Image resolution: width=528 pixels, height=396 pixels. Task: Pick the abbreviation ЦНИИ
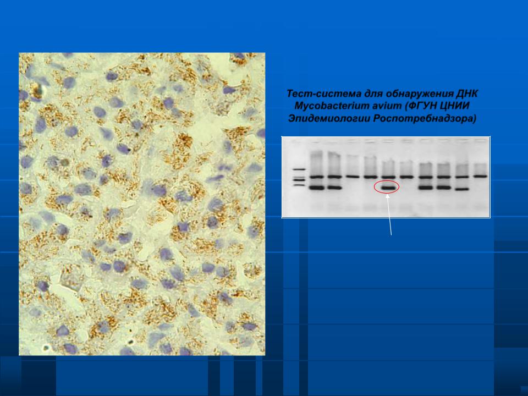[455, 106]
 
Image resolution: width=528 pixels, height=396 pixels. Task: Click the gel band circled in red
[389, 188]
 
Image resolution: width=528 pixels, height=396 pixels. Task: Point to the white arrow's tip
[387, 194]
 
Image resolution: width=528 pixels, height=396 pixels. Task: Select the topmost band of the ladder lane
[299, 169]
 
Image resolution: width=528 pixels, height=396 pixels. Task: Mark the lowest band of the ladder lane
[299, 185]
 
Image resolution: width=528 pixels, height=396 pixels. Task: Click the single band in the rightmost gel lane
[481, 176]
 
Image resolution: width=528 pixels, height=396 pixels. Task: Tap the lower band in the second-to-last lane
[461, 189]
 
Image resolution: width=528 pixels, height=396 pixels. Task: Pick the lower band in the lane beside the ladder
[317, 188]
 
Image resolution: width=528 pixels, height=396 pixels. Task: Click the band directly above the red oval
[389, 177]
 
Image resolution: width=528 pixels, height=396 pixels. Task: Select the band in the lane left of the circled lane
[370, 177]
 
